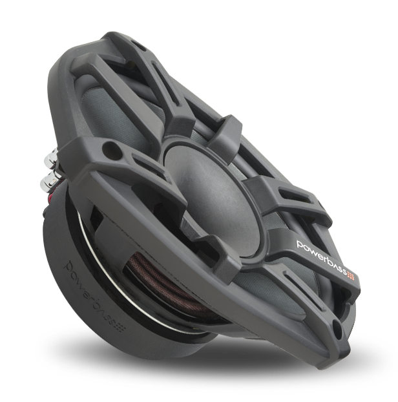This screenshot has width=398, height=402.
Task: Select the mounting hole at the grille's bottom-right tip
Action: click(x=338, y=327)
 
